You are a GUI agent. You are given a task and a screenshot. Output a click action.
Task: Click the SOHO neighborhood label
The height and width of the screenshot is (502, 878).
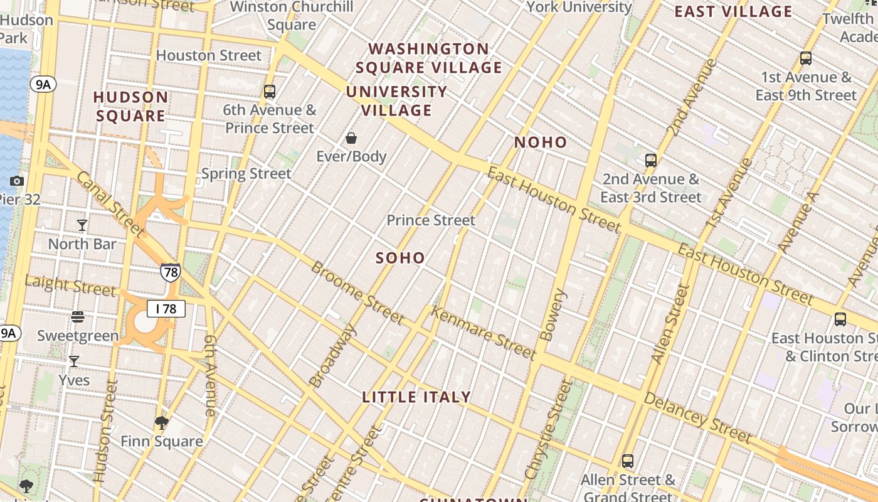click(x=400, y=258)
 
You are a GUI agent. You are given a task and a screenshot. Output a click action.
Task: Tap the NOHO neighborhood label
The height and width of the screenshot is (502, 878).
click(x=541, y=142)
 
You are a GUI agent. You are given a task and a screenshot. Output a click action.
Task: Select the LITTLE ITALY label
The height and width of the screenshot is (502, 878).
click(x=416, y=397)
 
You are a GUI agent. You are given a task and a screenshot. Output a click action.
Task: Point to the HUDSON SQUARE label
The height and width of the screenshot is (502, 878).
click(x=131, y=107)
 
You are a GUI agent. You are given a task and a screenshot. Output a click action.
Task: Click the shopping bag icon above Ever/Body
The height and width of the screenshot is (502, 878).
click(x=351, y=138)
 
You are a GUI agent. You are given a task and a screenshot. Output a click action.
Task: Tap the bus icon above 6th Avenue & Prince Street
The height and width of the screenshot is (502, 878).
click(x=270, y=92)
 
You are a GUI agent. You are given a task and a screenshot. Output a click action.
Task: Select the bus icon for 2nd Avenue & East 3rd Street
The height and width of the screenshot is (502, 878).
click(x=651, y=161)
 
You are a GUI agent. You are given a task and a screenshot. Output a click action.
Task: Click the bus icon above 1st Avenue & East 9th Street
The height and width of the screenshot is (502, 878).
click(x=806, y=59)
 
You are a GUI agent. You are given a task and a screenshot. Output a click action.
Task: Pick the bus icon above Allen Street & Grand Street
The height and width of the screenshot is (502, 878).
click(x=628, y=461)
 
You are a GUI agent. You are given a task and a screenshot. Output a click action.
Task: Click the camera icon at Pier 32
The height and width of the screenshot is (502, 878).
click(x=17, y=181)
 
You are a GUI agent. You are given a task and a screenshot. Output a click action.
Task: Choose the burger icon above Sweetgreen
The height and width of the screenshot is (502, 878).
click(x=78, y=317)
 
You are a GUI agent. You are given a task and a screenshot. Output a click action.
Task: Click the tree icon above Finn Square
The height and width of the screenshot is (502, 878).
click(x=162, y=423)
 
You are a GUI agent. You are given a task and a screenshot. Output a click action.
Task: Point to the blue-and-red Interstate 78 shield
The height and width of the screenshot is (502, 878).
click(x=170, y=272)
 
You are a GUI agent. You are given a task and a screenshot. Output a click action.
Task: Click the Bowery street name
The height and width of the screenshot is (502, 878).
click(x=552, y=315)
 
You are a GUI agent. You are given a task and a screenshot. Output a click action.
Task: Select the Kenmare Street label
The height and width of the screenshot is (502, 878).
click(x=484, y=333)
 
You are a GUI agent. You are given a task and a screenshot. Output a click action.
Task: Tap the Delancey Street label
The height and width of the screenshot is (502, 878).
click(x=697, y=417)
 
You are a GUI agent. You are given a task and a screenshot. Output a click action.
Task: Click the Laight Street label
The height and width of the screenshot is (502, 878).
click(x=70, y=286)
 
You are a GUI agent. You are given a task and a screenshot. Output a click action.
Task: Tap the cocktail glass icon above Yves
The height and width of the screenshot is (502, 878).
click(x=74, y=361)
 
